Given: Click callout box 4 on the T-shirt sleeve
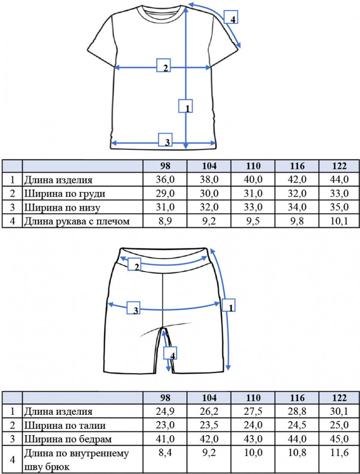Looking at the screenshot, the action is coord(231,17).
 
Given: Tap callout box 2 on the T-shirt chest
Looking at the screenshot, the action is coord(164,65).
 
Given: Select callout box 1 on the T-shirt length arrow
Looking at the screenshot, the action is coord(185,106).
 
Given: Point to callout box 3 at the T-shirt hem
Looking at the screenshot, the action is coord(165,140).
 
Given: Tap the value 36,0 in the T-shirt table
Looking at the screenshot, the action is coord(165,180).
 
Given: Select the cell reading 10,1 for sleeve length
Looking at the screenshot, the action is coord(339,221).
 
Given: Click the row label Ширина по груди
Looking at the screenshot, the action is coord(64,194).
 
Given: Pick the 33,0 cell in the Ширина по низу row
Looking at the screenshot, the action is coord(253,208).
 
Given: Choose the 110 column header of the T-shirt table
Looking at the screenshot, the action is coord(253,166).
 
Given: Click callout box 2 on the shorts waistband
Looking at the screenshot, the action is coord(135,264).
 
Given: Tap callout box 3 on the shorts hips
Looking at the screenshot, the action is coord(133,308).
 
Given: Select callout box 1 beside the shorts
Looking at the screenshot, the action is coord(229,305).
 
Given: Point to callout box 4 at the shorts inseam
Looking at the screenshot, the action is coord(170,353).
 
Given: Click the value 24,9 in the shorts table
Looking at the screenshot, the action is coord(165,411).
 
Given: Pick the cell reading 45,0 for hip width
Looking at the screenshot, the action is coord(339,439).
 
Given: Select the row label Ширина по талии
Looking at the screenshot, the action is coord(65,426).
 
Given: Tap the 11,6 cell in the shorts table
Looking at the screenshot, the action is coord(339,453).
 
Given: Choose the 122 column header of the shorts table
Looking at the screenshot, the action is coord(339,398).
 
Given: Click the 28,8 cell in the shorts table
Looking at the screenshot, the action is coord(297,411).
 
